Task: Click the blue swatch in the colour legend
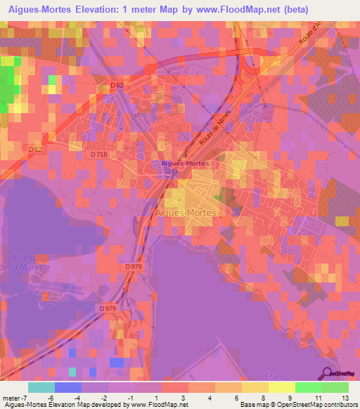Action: click(x=67, y=387)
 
